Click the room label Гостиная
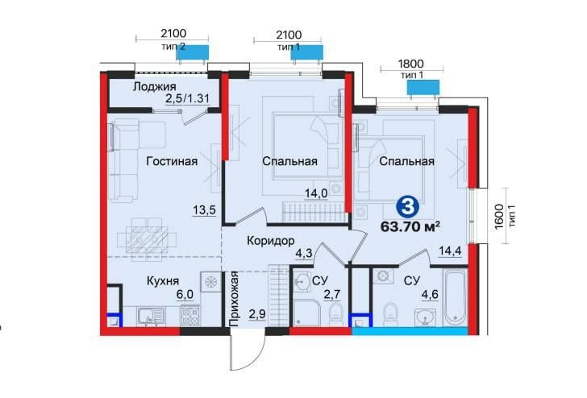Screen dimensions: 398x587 [x=173, y=161]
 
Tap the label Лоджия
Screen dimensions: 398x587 [x=155, y=87]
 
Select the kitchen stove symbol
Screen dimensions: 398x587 [x=210, y=282]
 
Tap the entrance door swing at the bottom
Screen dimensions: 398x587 [x=246, y=350]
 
